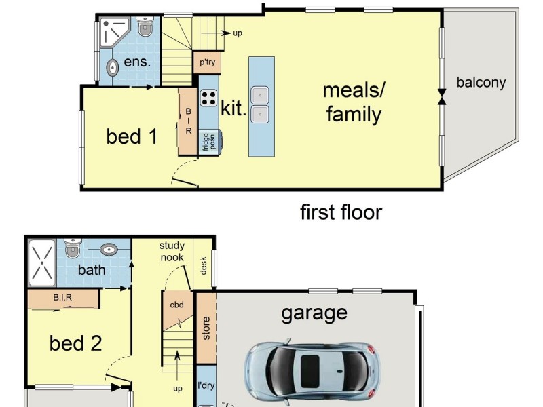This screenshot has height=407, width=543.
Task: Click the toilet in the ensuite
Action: (145, 26)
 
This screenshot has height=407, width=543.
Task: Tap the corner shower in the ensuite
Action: (113, 32)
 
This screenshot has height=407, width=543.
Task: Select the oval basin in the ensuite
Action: (113, 68)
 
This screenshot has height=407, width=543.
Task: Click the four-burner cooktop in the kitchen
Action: (209, 98)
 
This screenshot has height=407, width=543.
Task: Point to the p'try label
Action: (207, 62)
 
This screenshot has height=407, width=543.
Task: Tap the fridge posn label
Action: (209, 142)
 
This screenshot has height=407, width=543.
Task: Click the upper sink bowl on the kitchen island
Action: (260, 95)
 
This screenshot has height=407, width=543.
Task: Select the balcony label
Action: (481, 83)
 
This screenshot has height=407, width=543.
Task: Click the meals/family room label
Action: (354, 102)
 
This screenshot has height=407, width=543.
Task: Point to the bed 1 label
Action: (132, 136)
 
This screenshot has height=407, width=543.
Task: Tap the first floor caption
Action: (341, 212)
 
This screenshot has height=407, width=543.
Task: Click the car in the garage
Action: (312, 372)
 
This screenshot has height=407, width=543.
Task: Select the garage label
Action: (314, 313)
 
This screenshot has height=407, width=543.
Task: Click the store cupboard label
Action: (206, 328)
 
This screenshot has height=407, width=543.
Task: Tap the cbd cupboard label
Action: (177, 305)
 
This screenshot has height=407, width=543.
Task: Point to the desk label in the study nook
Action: (203, 266)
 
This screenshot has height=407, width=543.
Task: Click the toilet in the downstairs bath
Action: (73, 248)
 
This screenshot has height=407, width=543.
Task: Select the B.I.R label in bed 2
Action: (62, 297)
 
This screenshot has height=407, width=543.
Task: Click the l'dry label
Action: (206, 385)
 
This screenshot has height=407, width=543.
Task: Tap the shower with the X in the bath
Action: (42, 263)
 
